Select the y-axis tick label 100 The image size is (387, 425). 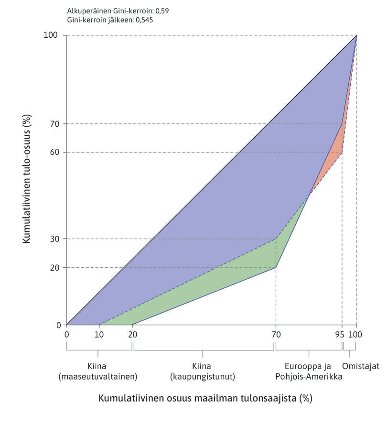pyautogui.click(x=52, y=35)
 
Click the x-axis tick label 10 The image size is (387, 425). pyautogui.click(x=99, y=335)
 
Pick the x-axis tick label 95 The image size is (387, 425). pyautogui.click(x=340, y=335)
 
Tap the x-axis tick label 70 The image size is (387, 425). pyautogui.click(x=276, y=335)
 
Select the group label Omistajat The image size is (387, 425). pyautogui.click(x=360, y=366)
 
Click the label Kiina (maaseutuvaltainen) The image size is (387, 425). pyautogui.click(x=98, y=371)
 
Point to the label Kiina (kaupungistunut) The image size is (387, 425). pyautogui.click(x=203, y=371)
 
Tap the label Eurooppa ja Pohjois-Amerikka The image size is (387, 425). pyautogui.click(x=308, y=371)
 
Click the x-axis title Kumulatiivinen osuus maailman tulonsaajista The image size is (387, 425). pyautogui.click(x=205, y=398)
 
